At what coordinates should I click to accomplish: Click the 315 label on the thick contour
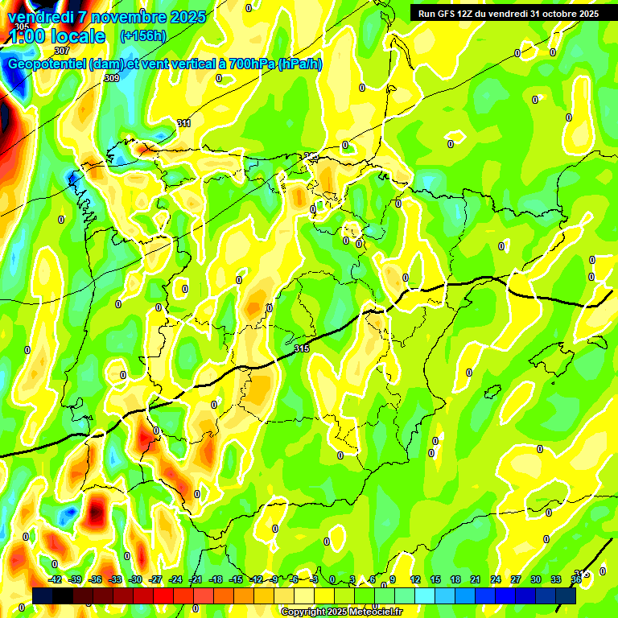click(302, 348)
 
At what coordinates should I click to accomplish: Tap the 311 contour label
click(183, 123)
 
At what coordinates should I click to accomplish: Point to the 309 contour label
click(112, 78)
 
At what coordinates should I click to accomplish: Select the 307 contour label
click(62, 51)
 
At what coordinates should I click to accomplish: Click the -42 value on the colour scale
click(56, 579)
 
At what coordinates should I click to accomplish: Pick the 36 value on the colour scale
click(576, 579)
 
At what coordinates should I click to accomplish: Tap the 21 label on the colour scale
click(476, 579)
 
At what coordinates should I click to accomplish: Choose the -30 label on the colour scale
click(135, 579)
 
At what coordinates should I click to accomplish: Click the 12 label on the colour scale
click(415, 579)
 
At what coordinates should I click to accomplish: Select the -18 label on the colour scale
click(216, 579)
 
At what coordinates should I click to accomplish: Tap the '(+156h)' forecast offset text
click(143, 36)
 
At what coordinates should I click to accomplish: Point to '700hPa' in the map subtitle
click(250, 64)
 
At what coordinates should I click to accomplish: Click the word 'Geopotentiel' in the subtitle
click(47, 64)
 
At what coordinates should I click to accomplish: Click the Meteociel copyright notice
click(341, 612)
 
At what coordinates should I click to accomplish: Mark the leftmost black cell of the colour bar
click(43, 595)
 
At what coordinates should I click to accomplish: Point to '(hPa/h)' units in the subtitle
click(299, 64)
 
